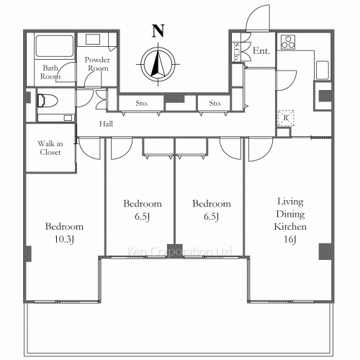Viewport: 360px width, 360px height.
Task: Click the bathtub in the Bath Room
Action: (55, 46)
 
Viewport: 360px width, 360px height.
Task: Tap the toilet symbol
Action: (48, 101)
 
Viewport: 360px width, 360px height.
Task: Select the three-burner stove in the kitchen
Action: (288, 42)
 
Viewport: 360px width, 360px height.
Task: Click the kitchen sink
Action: (323, 71)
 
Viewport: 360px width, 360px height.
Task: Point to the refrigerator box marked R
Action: (286, 118)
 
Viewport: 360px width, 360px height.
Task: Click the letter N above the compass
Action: (158, 31)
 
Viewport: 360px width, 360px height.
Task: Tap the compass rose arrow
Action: (158, 64)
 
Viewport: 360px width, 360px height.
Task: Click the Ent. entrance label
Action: (261, 50)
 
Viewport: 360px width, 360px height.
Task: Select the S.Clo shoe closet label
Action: (237, 52)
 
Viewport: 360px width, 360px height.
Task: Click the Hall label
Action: (106, 124)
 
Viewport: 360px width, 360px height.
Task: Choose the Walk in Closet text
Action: (50, 148)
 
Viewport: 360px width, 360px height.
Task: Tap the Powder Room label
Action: (97, 64)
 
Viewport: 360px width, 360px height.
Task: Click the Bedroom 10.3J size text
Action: (64, 239)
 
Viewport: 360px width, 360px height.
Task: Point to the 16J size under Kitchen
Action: (290, 239)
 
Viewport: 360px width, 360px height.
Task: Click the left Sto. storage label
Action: (142, 103)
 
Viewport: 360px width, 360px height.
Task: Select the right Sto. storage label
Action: (215, 103)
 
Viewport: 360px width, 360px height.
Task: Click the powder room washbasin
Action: (93, 40)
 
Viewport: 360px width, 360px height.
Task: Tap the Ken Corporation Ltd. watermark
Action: (179, 251)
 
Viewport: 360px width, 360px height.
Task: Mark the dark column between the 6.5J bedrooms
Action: (175, 251)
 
